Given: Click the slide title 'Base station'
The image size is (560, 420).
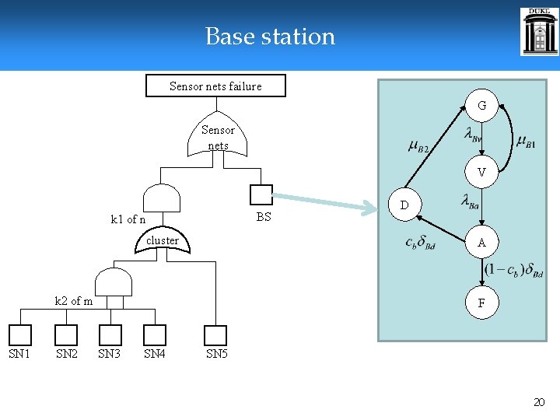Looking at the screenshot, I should tap(270, 37).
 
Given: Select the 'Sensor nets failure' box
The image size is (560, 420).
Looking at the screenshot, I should tap(215, 86).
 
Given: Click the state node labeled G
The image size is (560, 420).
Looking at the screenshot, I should tap(481, 105).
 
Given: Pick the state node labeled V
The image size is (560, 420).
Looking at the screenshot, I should tap(481, 173).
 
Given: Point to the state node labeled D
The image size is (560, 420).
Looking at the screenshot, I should tap(404, 205).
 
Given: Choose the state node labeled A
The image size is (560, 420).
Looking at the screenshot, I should tap(481, 242).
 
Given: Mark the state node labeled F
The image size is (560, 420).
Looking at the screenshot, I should tap(481, 303).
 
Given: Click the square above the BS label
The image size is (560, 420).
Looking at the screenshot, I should tap(261, 195).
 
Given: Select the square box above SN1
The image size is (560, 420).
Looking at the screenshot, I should tap(20, 335).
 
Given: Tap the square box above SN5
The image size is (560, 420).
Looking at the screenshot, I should tap(215, 335).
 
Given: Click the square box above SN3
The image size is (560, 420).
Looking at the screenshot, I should tap(110, 335).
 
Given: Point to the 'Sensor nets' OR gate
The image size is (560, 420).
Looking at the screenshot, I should tap(218, 138).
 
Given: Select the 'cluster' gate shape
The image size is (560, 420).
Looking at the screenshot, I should tap(163, 241).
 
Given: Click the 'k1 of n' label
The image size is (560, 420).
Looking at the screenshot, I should tap(128, 219).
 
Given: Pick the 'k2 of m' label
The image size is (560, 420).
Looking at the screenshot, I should tap(73, 301).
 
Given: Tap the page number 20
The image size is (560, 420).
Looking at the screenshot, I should tap(539, 402).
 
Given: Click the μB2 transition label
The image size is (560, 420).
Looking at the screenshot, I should tap(418, 145).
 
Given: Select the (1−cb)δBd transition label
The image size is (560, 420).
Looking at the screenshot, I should tap(513, 270).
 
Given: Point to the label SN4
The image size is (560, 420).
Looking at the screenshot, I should tap(154, 355).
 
